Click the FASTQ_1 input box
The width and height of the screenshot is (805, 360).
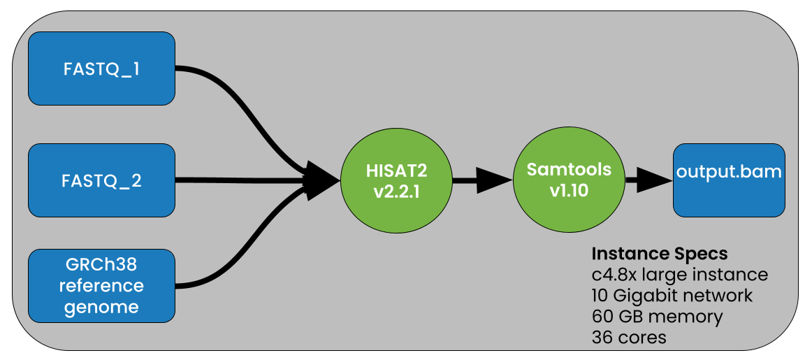(101, 69)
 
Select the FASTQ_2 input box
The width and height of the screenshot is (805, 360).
(101, 180)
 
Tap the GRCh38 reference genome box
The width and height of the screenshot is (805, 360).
(101, 285)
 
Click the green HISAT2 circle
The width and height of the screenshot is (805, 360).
(396, 180)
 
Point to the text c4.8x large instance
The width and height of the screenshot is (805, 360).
(679, 274)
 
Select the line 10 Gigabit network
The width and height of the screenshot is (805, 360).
(672, 295)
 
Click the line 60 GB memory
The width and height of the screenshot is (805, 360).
(656, 316)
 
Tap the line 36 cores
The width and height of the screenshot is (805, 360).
(628, 337)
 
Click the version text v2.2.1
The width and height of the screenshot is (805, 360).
(396, 192)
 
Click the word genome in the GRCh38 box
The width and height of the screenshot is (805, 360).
(101, 306)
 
